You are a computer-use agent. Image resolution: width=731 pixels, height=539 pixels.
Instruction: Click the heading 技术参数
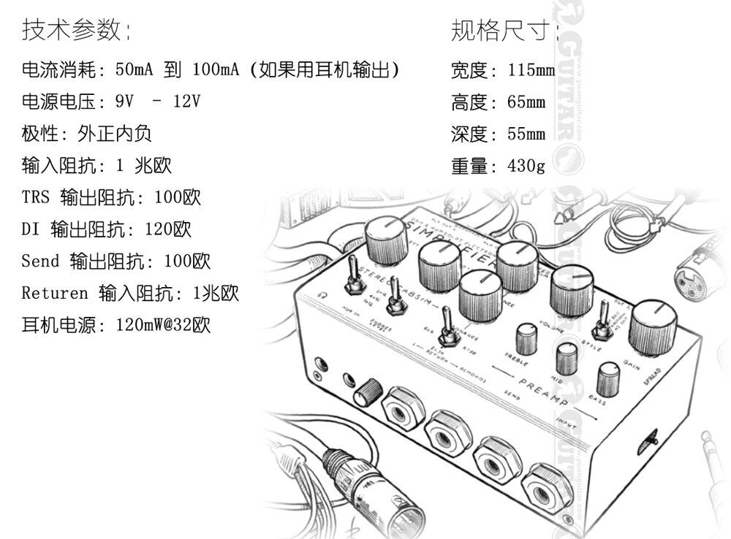click(76, 31)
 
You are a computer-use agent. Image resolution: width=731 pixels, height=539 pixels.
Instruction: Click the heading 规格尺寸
click(504, 31)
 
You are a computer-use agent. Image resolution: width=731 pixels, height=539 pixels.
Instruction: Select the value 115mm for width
click(531, 71)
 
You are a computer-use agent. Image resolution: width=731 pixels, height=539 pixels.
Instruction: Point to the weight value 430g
click(526, 167)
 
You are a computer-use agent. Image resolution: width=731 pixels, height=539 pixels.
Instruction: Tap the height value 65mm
click(526, 102)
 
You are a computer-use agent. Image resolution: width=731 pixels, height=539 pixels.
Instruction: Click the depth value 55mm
click(526, 134)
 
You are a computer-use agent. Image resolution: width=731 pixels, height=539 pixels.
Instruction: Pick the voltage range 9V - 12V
click(158, 102)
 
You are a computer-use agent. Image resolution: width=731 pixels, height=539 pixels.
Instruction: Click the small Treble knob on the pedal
click(525, 338)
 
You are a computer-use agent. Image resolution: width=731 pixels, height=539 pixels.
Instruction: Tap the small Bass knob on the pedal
click(608, 378)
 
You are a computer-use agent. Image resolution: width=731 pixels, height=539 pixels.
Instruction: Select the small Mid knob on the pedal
click(567, 357)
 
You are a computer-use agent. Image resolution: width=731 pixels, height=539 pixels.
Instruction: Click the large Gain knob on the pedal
click(651, 326)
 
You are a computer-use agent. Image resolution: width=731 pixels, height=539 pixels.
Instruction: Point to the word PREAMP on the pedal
click(545, 386)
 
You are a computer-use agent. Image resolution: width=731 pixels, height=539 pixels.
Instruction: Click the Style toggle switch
click(602, 320)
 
